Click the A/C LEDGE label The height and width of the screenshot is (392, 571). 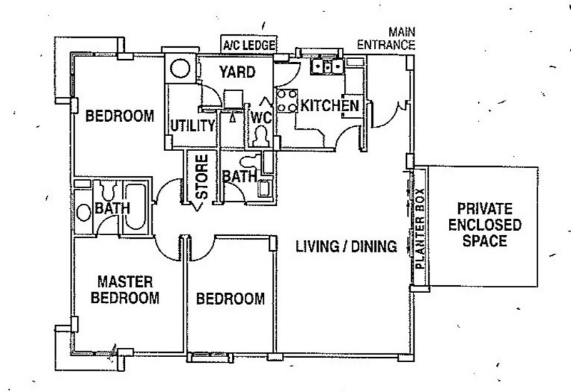point(249,46)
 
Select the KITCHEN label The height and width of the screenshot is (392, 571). point(330,105)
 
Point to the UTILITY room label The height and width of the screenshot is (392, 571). point(193,126)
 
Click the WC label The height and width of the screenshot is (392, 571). point(261,118)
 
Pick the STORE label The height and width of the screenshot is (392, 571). point(202,177)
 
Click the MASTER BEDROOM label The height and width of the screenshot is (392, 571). point(125,290)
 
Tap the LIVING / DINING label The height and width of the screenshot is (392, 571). point(346,247)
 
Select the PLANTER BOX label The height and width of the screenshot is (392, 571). point(420,229)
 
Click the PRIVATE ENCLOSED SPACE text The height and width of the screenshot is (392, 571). point(485,225)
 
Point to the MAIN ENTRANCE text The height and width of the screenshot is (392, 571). point(386,38)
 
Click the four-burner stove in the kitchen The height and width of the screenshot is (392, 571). point(286,100)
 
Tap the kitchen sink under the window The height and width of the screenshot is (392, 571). point(328,66)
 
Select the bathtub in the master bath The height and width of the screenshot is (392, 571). point(135,207)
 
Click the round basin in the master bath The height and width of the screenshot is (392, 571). point(84,212)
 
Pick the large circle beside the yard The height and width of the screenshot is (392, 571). point(181,68)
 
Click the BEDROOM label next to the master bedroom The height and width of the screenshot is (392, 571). point(230,299)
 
